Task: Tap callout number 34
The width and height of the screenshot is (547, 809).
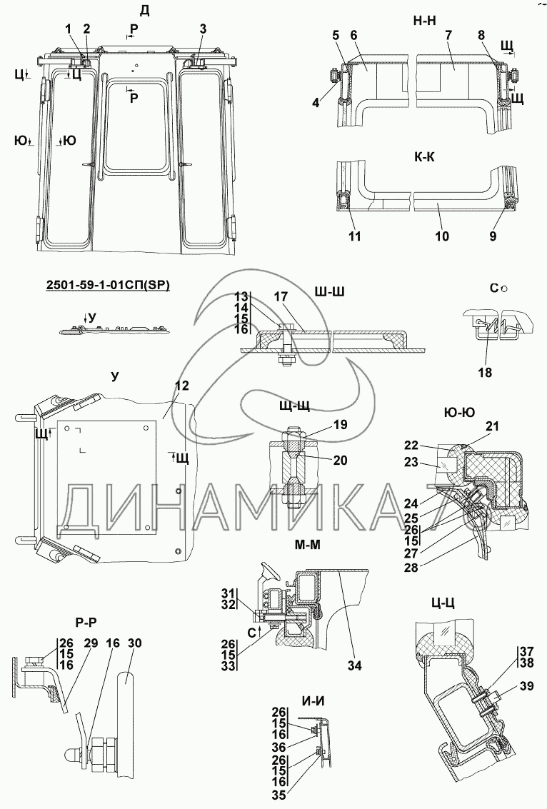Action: click(355, 666)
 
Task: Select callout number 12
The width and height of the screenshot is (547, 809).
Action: click(181, 386)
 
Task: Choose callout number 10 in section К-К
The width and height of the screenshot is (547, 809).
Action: click(442, 236)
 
